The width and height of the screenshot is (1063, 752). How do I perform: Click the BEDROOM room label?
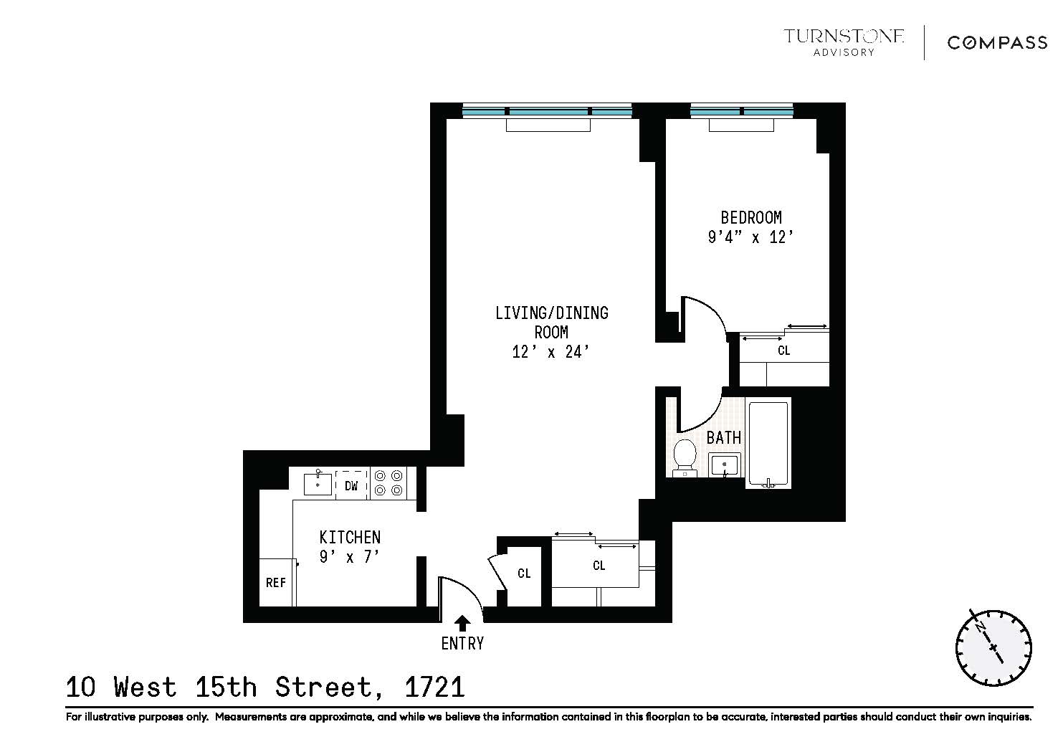[x=750, y=217]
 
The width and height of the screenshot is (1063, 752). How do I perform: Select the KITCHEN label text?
[x=350, y=537]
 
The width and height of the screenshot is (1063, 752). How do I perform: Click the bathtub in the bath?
[x=768, y=443]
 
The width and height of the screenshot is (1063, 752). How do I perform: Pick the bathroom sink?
[x=724, y=465]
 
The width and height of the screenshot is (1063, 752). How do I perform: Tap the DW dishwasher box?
[x=351, y=485]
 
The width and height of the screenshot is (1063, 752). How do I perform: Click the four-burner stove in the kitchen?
[x=389, y=482]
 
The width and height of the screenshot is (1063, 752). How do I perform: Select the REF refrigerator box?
[x=276, y=582]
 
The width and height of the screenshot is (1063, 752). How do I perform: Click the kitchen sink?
[x=318, y=484]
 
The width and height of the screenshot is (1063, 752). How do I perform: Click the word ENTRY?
[x=462, y=644]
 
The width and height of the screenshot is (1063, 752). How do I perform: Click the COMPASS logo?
[x=997, y=43]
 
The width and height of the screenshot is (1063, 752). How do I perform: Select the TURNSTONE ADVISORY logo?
[x=844, y=42]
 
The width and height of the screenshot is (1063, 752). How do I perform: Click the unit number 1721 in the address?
[x=434, y=687]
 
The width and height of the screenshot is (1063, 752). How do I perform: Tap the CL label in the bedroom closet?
[x=783, y=351]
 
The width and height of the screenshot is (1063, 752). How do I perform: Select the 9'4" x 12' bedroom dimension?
[x=750, y=237]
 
